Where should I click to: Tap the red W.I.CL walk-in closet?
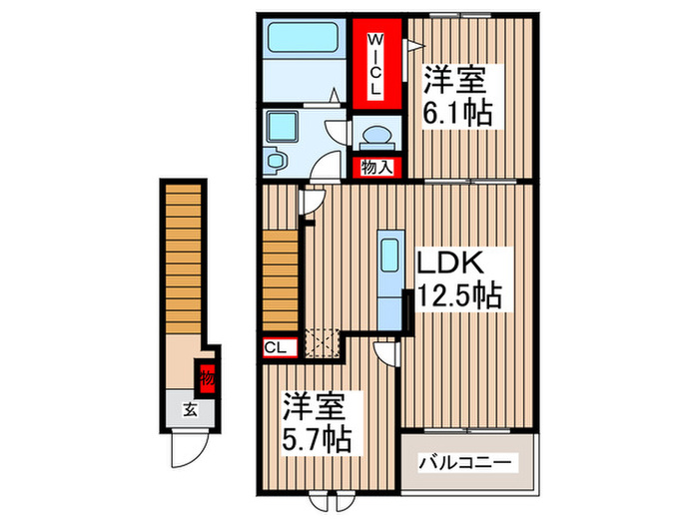376,62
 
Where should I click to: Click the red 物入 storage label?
375,168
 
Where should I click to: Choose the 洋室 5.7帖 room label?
314,422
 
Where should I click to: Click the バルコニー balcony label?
465,462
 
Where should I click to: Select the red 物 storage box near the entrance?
206,377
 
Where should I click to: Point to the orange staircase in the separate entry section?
184,260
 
